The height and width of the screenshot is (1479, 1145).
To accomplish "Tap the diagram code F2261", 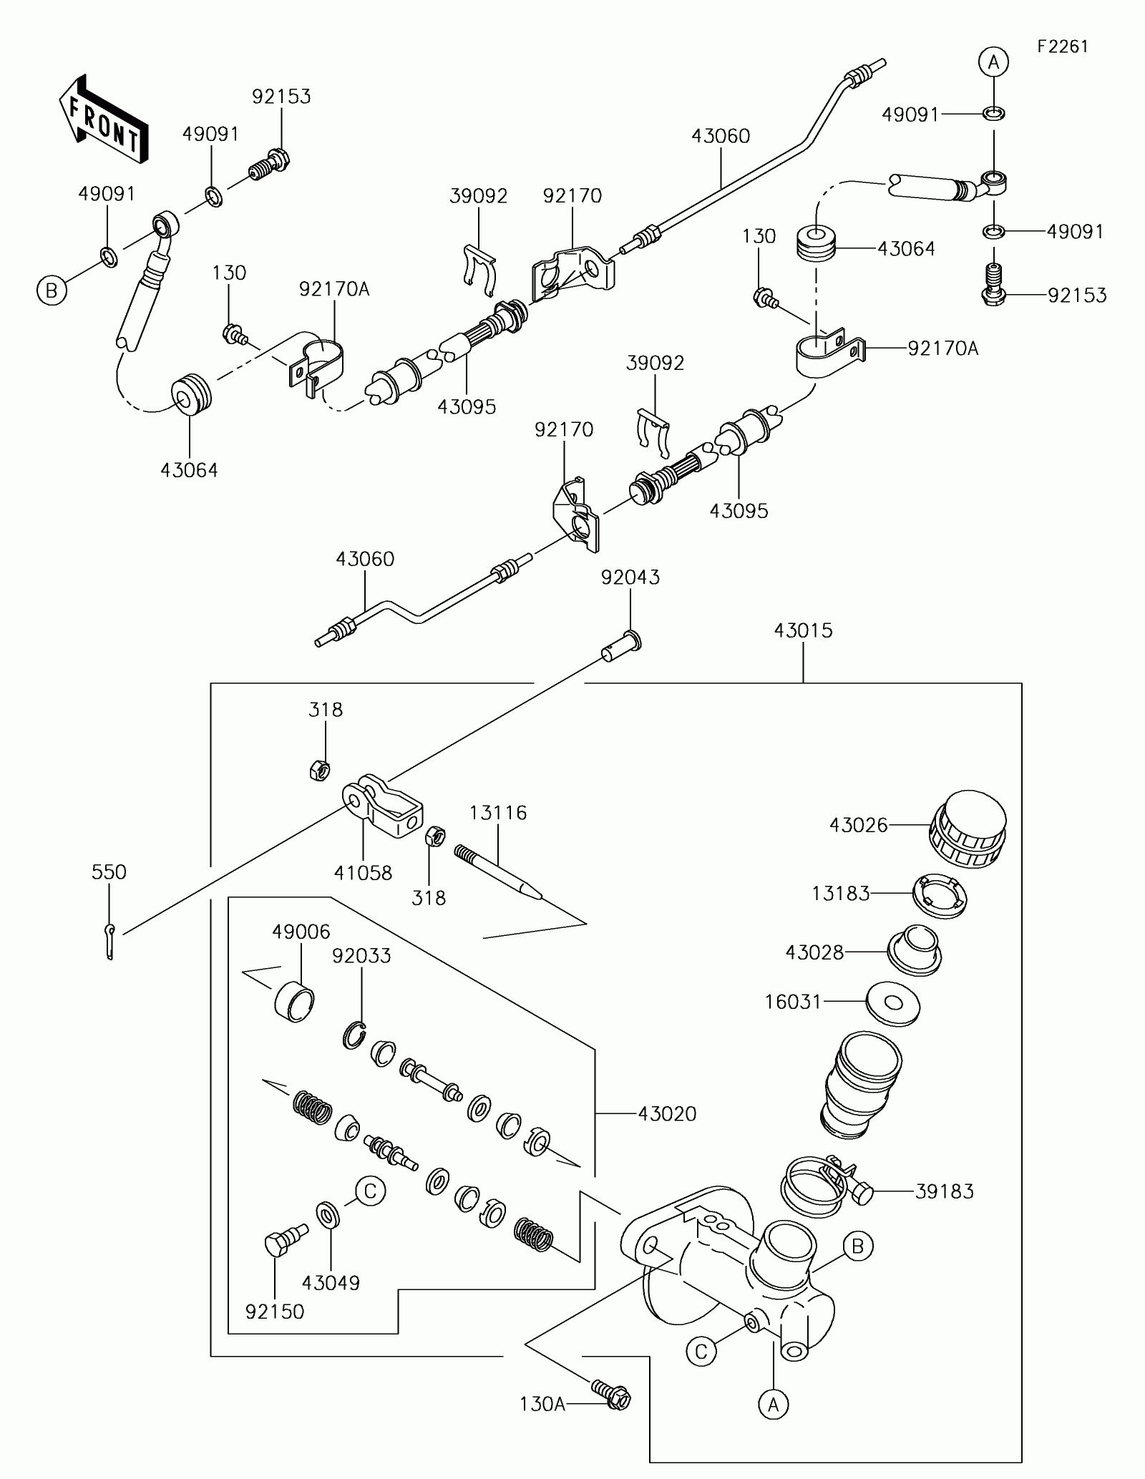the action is click(1063, 47).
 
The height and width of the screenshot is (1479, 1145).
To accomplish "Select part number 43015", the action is click(804, 630).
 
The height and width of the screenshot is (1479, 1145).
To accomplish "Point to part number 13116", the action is click(498, 813).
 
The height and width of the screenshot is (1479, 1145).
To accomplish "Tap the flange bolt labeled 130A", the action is click(611, 1395).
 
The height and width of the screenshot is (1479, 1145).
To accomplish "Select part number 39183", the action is click(945, 1191).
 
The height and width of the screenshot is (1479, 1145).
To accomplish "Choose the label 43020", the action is click(667, 1114).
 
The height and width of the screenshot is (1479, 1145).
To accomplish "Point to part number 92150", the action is click(275, 1312).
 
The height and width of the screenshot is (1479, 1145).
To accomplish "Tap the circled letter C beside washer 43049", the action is click(370, 1191).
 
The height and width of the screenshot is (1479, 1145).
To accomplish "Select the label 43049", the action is click(331, 1283).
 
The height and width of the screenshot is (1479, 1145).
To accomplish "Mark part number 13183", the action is click(841, 894).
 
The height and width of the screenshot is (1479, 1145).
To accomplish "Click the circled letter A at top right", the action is click(993, 63).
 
